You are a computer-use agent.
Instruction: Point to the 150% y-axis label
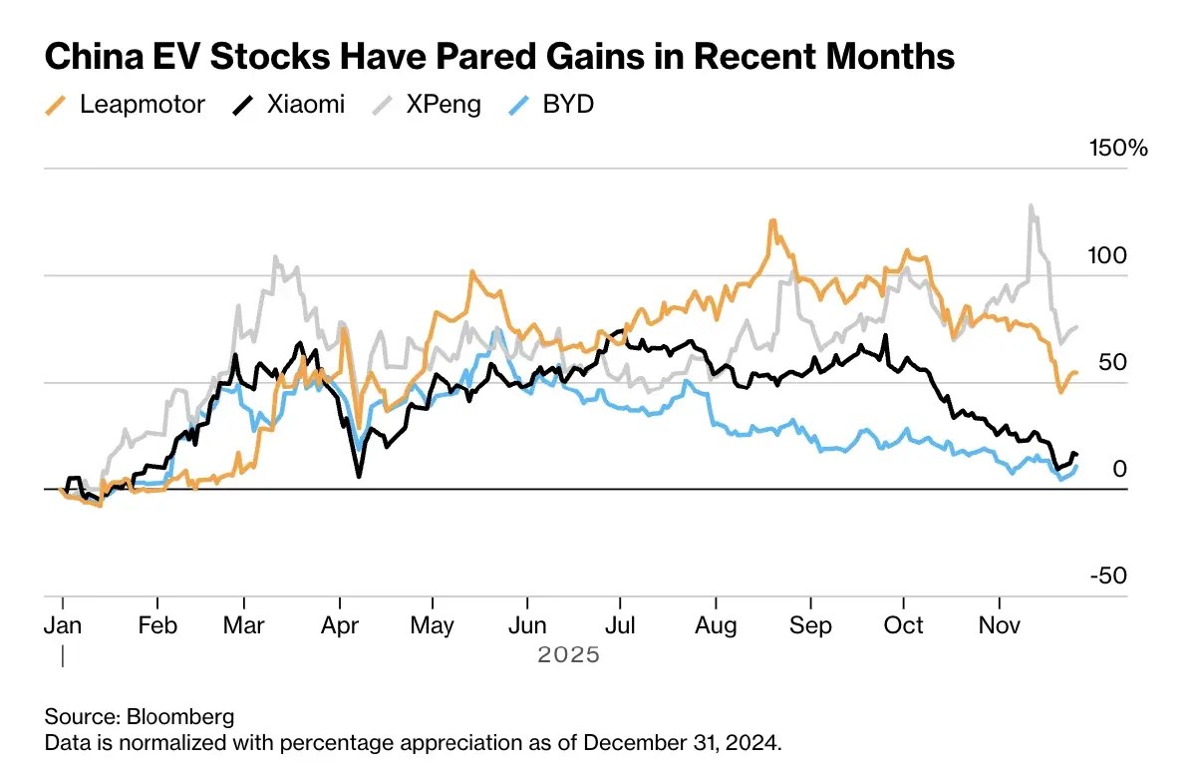tap(1118, 149)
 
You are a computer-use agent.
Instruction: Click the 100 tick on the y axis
tap(1107, 255)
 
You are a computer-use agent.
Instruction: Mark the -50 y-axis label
tap(1106, 577)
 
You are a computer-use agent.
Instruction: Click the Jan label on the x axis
tap(63, 625)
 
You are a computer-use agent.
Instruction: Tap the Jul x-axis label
tap(620, 625)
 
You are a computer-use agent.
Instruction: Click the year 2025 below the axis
tap(569, 655)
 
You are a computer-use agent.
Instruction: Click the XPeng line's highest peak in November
tap(1031, 206)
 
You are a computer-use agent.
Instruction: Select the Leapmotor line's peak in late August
tap(771, 220)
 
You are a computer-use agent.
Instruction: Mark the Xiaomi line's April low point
tap(359, 476)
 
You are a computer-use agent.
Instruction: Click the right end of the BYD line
tap(1076, 466)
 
